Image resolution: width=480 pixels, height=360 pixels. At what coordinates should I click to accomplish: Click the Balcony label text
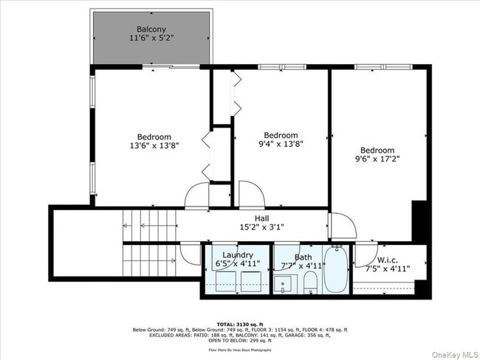[151, 30]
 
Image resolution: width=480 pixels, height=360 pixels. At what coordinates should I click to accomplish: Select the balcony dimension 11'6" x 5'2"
[151, 38]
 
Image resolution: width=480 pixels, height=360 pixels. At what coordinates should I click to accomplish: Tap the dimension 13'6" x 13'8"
[154, 146]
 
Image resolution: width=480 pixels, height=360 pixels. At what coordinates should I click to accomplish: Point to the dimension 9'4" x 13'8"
[281, 145]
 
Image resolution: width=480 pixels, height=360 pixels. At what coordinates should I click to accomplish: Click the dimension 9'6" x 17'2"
[377, 158]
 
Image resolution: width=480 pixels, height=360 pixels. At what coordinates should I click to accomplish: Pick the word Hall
[262, 218]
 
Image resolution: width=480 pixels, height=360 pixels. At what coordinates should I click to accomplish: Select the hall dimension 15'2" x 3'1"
[262, 228]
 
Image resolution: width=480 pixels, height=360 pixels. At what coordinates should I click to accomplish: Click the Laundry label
[238, 255]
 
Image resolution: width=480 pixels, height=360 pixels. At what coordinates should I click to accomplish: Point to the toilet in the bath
[311, 282]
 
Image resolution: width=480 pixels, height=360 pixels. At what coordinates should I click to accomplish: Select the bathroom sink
[284, 283]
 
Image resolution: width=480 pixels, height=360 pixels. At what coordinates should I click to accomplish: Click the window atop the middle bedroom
[281, 67]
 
